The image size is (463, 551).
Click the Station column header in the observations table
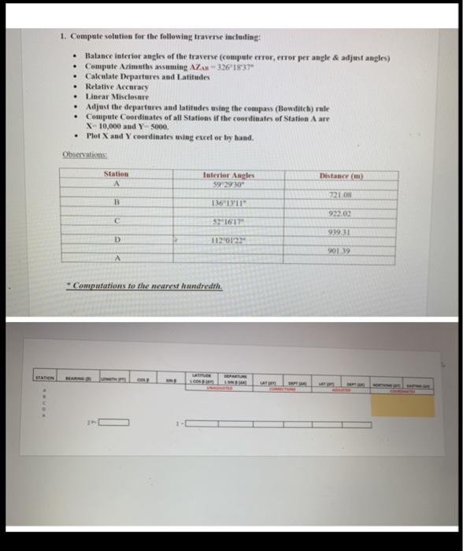116,174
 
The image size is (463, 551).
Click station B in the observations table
116,202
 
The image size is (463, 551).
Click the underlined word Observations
83,154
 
